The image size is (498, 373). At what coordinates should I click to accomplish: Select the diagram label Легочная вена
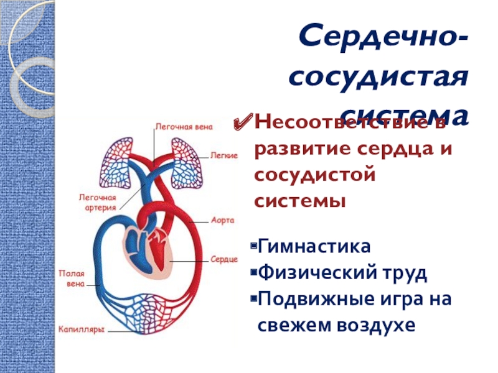coord(184,127)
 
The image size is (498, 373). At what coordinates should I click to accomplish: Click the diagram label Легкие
coord(223,155)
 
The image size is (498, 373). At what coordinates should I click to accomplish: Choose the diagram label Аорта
coord(222,221)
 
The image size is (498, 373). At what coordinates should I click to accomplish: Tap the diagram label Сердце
coord(223,258)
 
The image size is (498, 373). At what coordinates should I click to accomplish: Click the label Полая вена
coord(71,278)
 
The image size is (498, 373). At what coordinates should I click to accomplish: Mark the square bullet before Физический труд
coord(253,273)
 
